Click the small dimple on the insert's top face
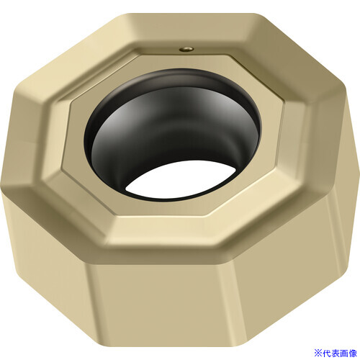(186, 50)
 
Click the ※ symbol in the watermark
(318, 353)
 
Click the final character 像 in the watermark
(353, 353)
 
